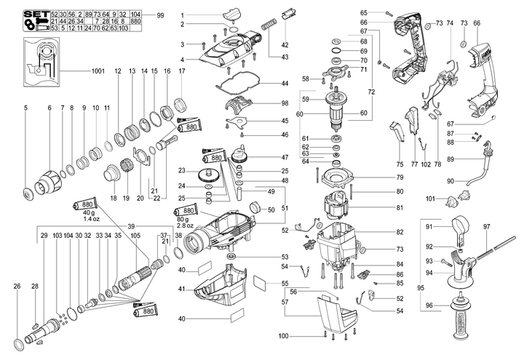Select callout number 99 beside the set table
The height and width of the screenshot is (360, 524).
160,15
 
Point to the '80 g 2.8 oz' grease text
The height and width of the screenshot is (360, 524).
188,223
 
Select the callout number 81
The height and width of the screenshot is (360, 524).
400,209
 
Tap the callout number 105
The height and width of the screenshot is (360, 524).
135,236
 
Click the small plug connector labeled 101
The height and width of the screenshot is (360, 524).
465,199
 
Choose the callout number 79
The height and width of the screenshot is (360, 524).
400,177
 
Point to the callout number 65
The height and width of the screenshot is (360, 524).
364,12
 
